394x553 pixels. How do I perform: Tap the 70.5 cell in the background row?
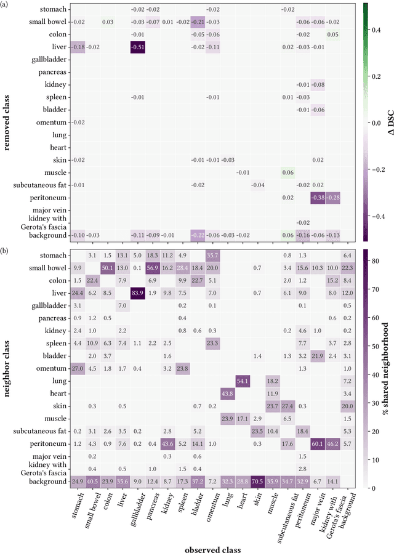click(257, 480)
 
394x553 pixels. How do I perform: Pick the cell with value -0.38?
click(317, 198)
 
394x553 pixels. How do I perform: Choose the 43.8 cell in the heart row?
click(227, 392)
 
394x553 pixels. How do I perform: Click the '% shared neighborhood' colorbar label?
click(386, 368)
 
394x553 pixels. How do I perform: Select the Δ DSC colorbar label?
click(386, 122)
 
